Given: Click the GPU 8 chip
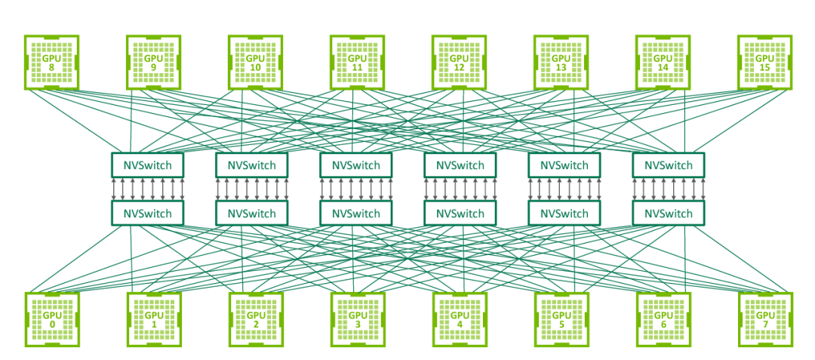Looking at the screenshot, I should click(x=51, y=61).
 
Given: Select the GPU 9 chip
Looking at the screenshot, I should click(x=153, y=61).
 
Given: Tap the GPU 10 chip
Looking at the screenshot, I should click(x=255, y=61).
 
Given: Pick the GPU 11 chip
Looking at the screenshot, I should click(x=357, y=61).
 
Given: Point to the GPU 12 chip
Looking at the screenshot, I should click(x=459, y=61).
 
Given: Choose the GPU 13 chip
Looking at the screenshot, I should click(x=561, y=61).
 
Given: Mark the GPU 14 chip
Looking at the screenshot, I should click(x=663, y=61).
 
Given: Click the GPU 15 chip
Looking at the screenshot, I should click(x=764, y=61).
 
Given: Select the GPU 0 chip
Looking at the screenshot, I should click(x=51, y=318).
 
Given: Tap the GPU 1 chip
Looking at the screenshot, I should click(x=153, y=318).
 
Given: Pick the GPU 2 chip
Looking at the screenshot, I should click(x=255, y=318).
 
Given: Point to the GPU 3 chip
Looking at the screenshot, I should click(x=357, y=318).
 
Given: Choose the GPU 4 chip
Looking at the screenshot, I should click(x=459, y=318).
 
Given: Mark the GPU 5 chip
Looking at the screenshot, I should click(x=561, y=318).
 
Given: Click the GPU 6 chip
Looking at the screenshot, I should click(x=663, y=318).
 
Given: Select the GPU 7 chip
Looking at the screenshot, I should click(x=764, y=318).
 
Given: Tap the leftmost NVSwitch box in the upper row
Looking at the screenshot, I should click(x=148, y=165).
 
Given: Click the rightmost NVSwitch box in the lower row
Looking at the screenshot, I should click(x=668, y=214).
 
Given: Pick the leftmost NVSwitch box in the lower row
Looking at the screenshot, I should click(x=148, y=214).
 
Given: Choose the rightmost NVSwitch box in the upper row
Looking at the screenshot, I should click(x=668, y=165).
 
